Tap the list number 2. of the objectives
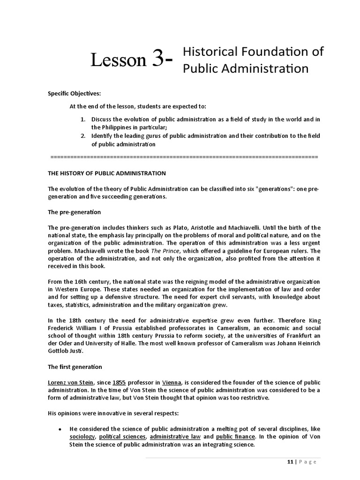pos(82,136)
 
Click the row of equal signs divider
pos(183,156)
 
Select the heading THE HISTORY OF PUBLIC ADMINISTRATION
pos(107,173)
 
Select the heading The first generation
pos(75,367)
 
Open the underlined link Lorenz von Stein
pos(71,382)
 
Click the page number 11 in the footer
pos(290,462)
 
